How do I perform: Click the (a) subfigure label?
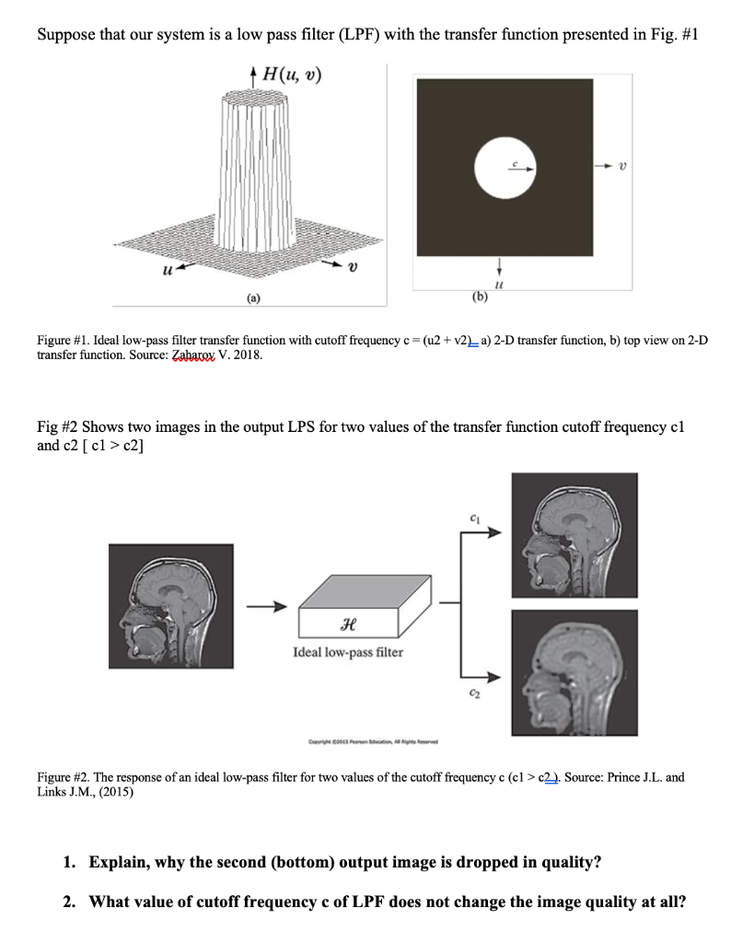pos(251,297)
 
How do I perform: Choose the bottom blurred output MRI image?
pos(575,672)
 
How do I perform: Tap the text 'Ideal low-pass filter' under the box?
pos(347,652)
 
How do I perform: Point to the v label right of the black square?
pos(623,167)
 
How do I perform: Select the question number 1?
pos(70,862)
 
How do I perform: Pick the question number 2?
pos(70,901)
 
